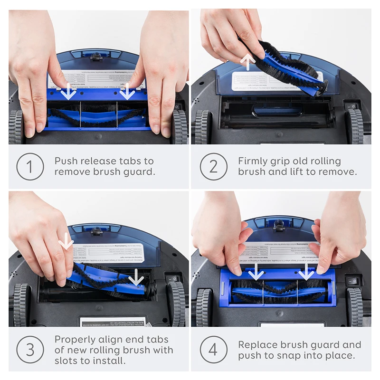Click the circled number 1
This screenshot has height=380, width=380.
point(30,166)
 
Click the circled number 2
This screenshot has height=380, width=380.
point(214,166)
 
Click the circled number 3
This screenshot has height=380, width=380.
point(30,350)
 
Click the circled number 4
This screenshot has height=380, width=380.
point(214,350)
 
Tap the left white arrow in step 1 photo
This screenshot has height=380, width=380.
point(69,91)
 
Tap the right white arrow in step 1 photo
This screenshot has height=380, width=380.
point(127,91)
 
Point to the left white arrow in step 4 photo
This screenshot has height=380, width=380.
point(256,272)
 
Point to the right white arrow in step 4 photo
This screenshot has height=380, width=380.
point(306,272)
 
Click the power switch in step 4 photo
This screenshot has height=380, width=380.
point(352,281)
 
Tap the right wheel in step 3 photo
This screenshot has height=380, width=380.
point(177,304)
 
